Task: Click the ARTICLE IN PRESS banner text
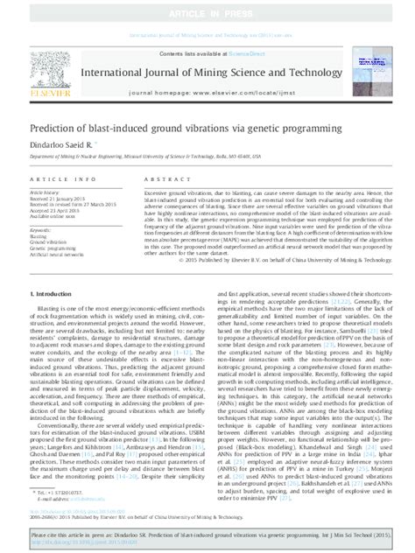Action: point(207,9)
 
